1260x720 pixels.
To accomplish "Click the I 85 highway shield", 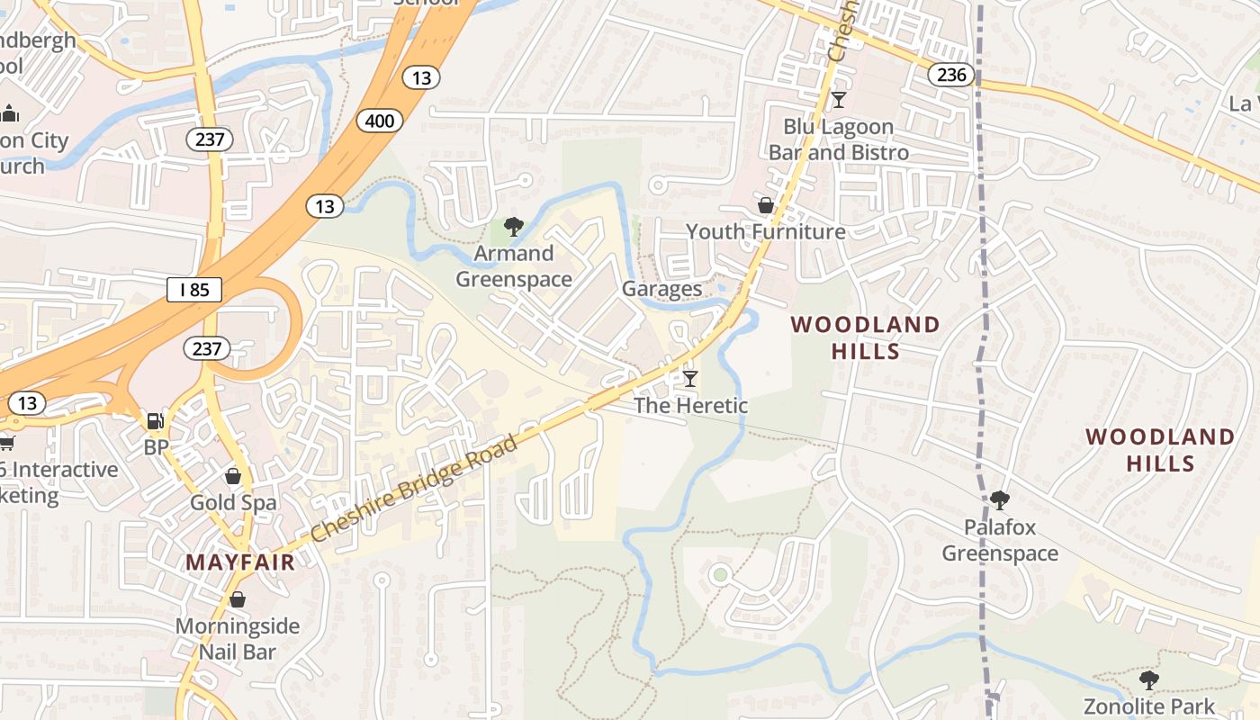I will tap(194, 290).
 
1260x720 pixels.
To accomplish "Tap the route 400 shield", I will tap(379, 120).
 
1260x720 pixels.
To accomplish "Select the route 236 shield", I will tap(951, 75).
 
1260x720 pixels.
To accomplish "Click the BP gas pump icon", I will tap(156, 420).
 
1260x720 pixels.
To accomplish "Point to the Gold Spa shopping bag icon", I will tap(233, 476).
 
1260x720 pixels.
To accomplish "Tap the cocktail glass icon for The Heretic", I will tap(690, 379).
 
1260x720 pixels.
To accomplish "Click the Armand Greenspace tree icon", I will tap(513, 227).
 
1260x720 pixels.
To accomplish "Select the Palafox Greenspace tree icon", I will tap(999, 500).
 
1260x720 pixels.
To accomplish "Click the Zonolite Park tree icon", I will tap(1148, 679).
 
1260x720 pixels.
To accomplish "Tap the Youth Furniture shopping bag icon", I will tap(765, 206).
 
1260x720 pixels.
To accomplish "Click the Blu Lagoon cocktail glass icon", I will tap(839, 100).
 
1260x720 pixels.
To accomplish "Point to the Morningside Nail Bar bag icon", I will tap(238, 599).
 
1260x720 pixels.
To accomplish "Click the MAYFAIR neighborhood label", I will tap(240, 563).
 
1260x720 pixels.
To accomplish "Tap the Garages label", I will tap(661, 289).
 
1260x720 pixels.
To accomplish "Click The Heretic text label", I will tap(690, 406).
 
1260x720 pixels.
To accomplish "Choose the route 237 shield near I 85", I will tap(207, 348).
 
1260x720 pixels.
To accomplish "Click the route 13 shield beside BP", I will tap(27, 402).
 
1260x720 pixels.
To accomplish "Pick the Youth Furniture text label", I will tap(766, 232).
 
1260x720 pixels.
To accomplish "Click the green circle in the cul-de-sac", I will tap(719, 573).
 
